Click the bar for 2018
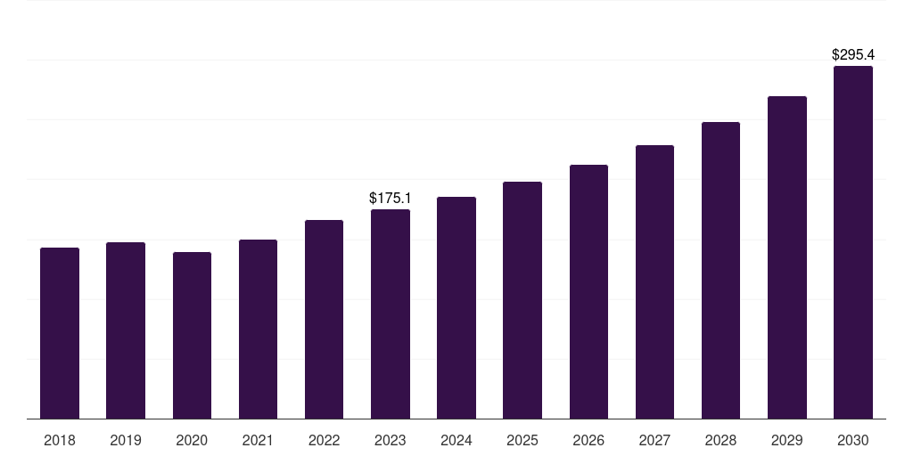(60, 333)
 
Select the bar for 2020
(192, 336)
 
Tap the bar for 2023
(391, 314)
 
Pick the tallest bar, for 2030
(853, 242)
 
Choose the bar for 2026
(588, 292)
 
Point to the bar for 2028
(720, 271)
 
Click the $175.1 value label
(391, 198)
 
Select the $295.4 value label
(853, 54)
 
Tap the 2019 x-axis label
(126, 440)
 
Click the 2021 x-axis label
(258, 440)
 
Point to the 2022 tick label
(325, 440)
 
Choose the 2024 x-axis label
(456, 440)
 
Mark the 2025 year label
(522, 440)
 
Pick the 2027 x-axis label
(654, 440)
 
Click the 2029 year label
(787, 440)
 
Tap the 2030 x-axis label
(853, 440)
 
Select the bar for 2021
(258, 330)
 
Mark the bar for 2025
(522, 300)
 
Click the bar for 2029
(787, 257)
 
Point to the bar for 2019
(126, 330)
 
